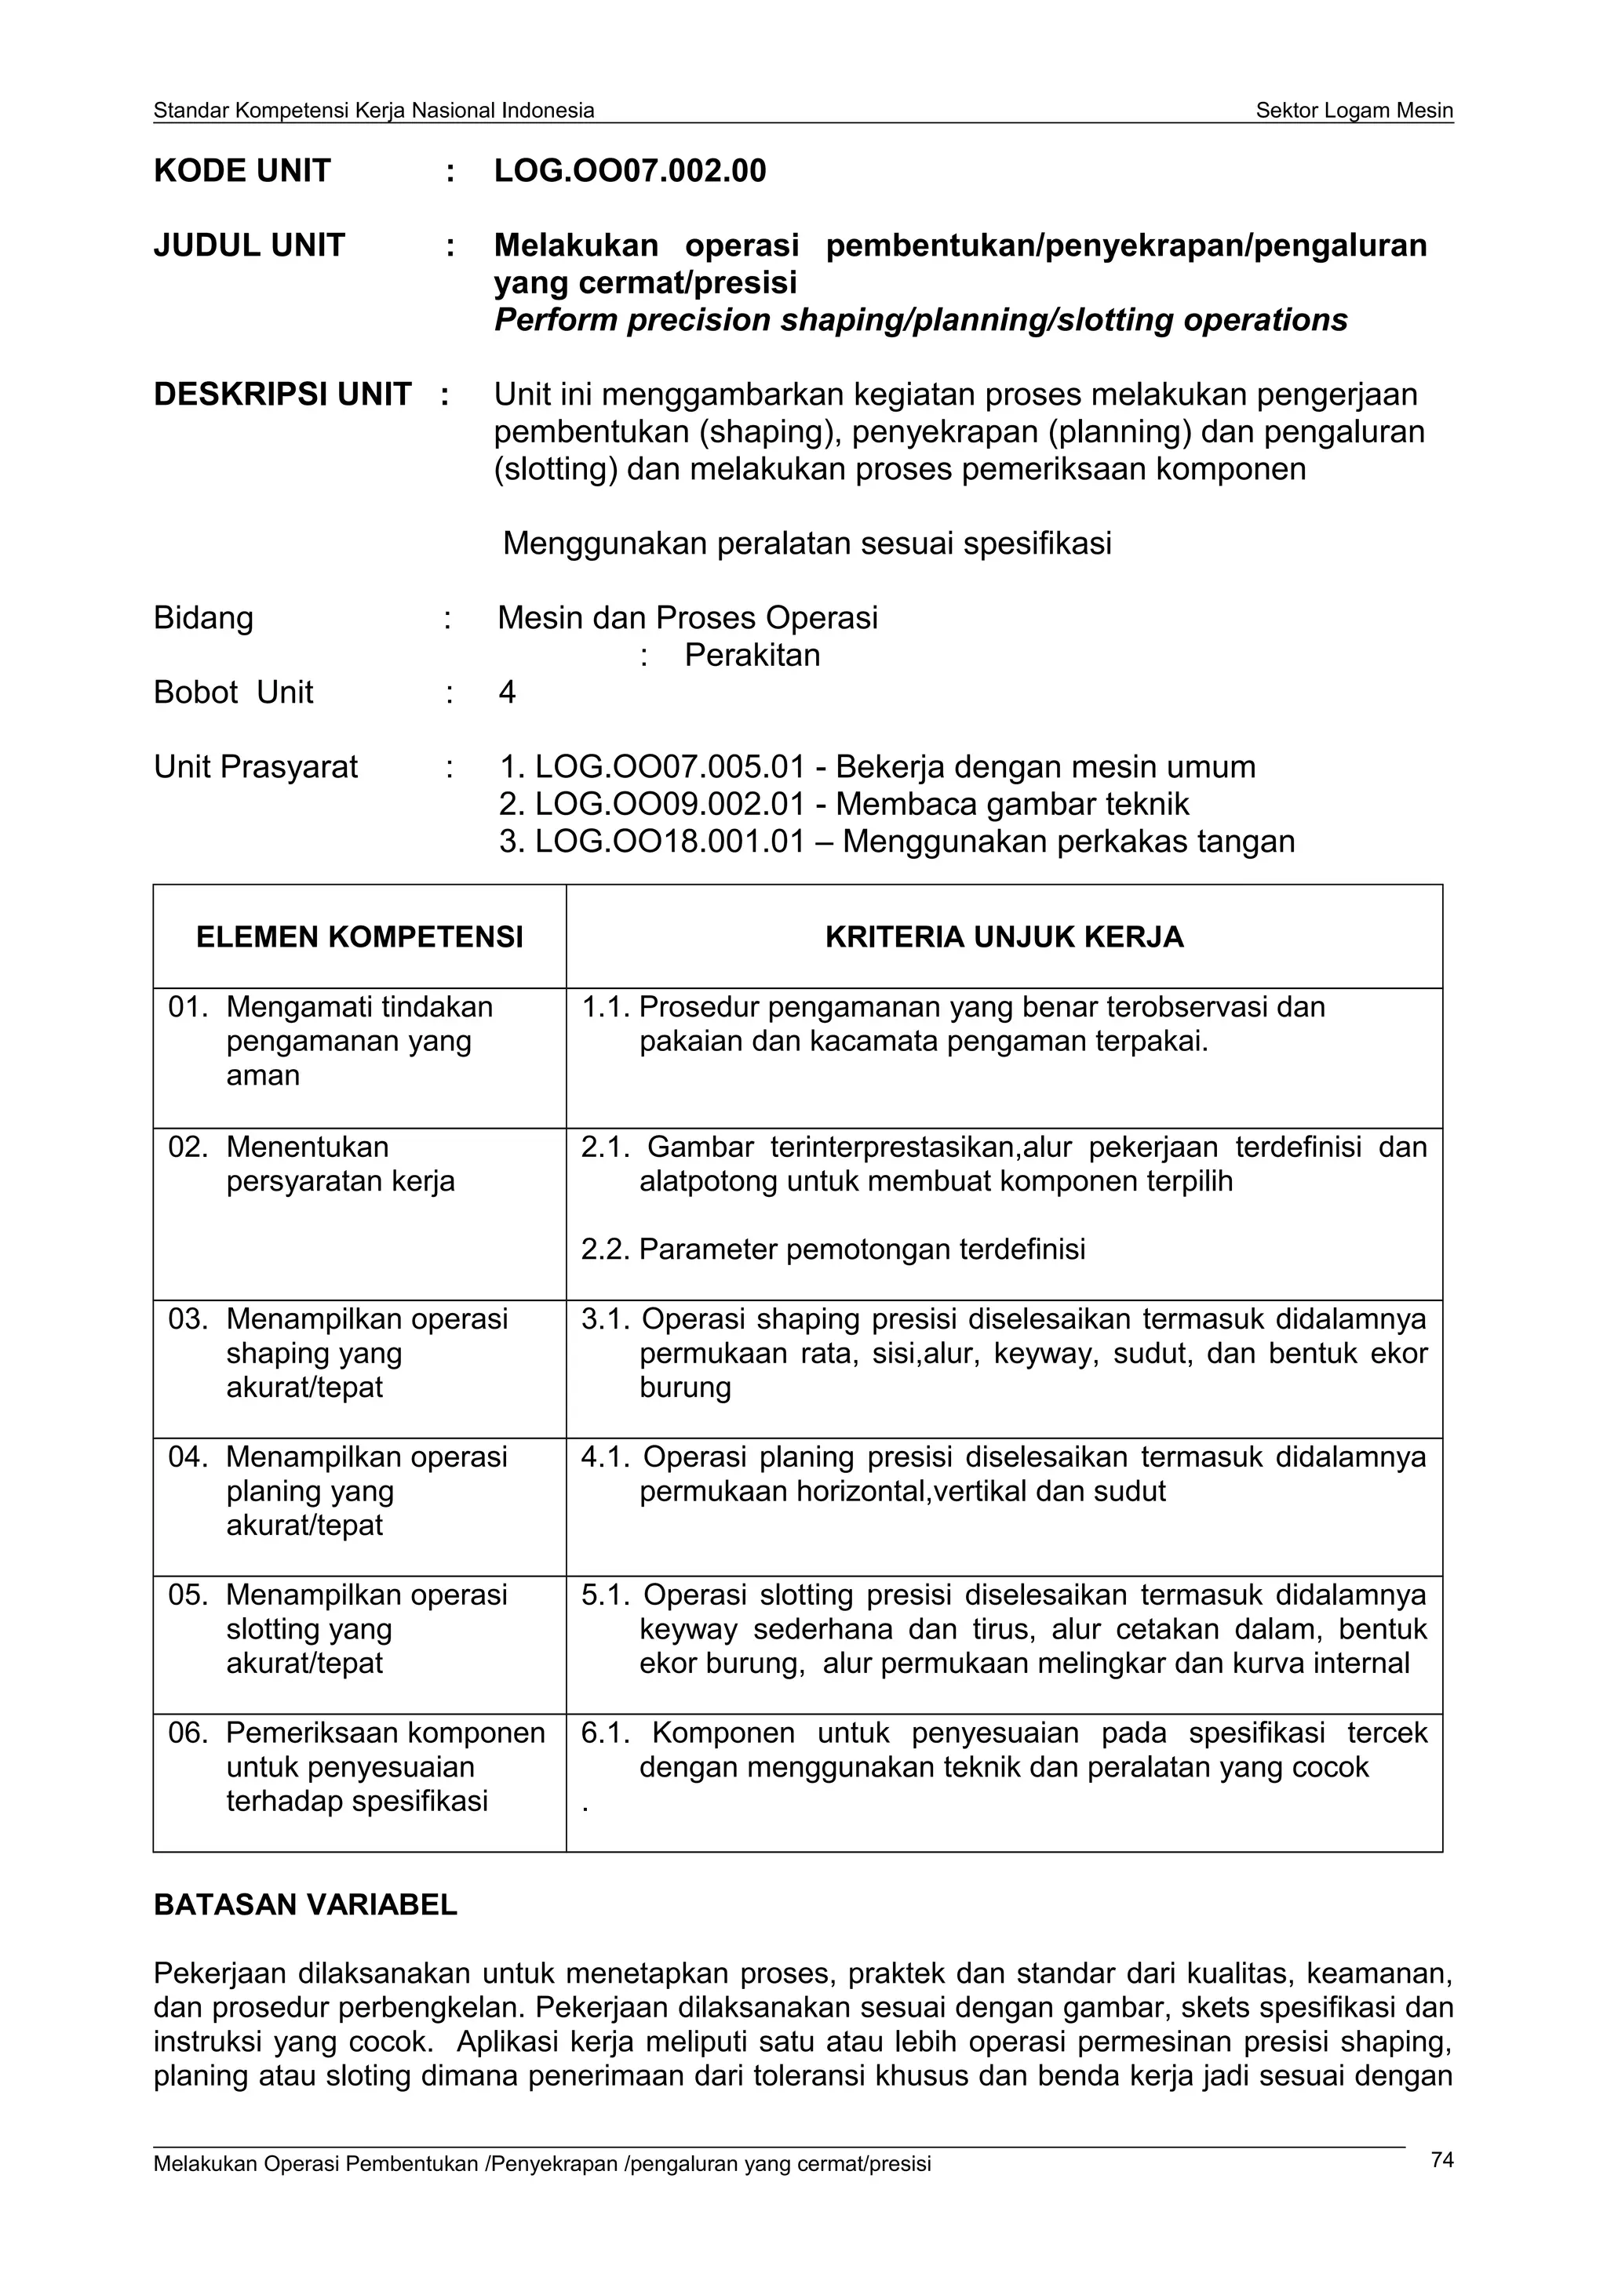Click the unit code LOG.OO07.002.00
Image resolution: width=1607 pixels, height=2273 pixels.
(630, 171)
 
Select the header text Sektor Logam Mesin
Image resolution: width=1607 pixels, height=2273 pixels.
(1354, 111)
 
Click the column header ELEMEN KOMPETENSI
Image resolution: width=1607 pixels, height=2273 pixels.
(359, 936)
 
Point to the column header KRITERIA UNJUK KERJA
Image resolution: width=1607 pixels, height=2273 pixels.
(1004, 936)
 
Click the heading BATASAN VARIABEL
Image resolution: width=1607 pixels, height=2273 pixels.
(305, 1904)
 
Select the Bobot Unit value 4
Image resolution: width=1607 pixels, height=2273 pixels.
(507, 692)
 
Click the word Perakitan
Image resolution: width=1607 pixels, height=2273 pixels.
(752, 656)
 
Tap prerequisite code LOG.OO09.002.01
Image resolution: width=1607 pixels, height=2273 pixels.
(669, 804)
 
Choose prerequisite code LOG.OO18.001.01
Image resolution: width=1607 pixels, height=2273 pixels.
(669, 842)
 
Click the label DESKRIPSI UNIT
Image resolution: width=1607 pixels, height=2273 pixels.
(282, 394)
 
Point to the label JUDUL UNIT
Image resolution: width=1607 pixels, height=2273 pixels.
(249, 245)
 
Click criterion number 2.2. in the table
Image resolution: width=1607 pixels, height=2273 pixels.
(605, 1249)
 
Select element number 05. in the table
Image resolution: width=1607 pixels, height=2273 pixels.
(188, 1595)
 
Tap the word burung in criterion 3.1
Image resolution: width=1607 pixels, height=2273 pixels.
(685, 1387)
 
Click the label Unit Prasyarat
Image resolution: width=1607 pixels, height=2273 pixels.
(256, 767)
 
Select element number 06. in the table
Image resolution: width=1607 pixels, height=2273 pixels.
(188, 1733)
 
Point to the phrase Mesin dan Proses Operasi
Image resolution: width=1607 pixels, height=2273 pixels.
(687, 618)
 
